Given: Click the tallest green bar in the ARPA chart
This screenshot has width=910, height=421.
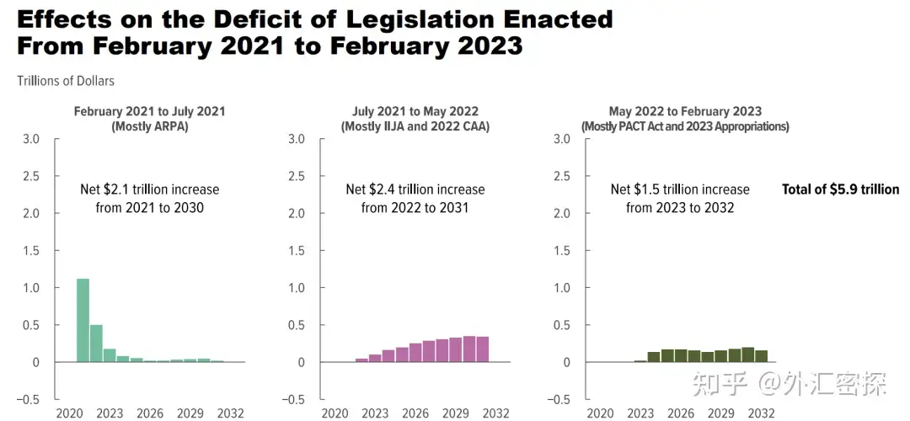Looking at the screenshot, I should [x=83, y=320].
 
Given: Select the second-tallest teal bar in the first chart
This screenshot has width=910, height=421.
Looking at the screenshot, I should [x=96, y=344].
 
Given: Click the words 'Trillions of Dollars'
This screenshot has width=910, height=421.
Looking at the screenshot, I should [x=66, y=81].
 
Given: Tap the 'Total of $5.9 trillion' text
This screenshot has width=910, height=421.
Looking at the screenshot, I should [x=840, y=189].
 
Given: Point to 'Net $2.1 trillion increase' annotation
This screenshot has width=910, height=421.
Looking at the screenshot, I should [x=150, y=189].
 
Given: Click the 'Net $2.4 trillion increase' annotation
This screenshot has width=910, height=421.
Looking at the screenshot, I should [x=415, y=189].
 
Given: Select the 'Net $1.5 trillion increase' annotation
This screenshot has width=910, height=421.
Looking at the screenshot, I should [x=680, y=189].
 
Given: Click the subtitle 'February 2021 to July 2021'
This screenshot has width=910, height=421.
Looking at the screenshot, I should [x=149, y=111].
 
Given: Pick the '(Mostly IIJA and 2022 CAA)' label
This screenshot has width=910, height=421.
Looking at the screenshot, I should [x=415, y=126].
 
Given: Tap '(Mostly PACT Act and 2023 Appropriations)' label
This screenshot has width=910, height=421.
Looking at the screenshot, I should [x=685, y=126].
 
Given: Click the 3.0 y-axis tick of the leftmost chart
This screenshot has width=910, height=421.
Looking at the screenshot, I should [x=30, y=139].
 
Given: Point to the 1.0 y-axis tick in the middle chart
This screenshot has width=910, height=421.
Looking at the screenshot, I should [x=296, y=288].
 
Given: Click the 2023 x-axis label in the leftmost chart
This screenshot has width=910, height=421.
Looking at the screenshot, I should [x=110, y=413].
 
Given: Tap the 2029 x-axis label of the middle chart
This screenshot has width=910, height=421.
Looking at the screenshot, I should [x=456, y=413].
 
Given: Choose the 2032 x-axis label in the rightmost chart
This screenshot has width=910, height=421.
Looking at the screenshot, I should [x=761, y=413].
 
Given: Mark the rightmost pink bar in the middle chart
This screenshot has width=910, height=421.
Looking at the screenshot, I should [x=483, y=349].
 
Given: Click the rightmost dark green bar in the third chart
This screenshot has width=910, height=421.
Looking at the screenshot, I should [x=761, y=356].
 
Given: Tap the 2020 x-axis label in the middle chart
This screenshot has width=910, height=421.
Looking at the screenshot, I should [x=335, y=413].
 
